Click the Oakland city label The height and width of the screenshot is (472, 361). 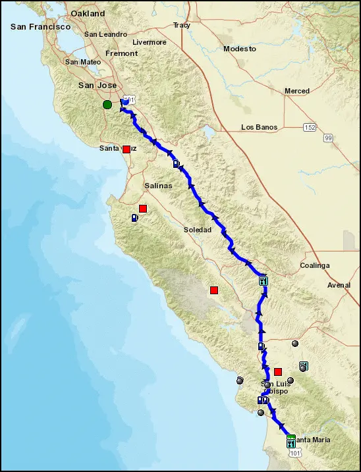[88, 13]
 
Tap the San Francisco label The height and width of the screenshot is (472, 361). [40, 27]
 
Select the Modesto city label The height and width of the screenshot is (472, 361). [239, 49]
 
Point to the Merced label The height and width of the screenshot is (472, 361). [296, 91]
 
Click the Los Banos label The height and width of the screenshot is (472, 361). [259, 127]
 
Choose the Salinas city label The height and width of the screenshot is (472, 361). [155, 186]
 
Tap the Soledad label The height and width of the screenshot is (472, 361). [198, 230]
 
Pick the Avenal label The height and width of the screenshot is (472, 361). [339, 285]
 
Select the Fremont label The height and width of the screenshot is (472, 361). [122, 53]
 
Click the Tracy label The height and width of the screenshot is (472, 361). [181, 25]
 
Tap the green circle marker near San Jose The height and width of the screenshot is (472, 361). [107, 104]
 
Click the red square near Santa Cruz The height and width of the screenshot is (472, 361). [126, 149]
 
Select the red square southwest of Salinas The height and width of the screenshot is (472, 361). [142, 209]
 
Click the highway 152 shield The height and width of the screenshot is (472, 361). [308, 126]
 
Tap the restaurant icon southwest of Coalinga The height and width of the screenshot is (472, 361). [264, 281]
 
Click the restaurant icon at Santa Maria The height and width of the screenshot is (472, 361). [291, 442]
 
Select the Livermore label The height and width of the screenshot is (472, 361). [150, 42]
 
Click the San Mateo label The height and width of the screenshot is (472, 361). [82, 62]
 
